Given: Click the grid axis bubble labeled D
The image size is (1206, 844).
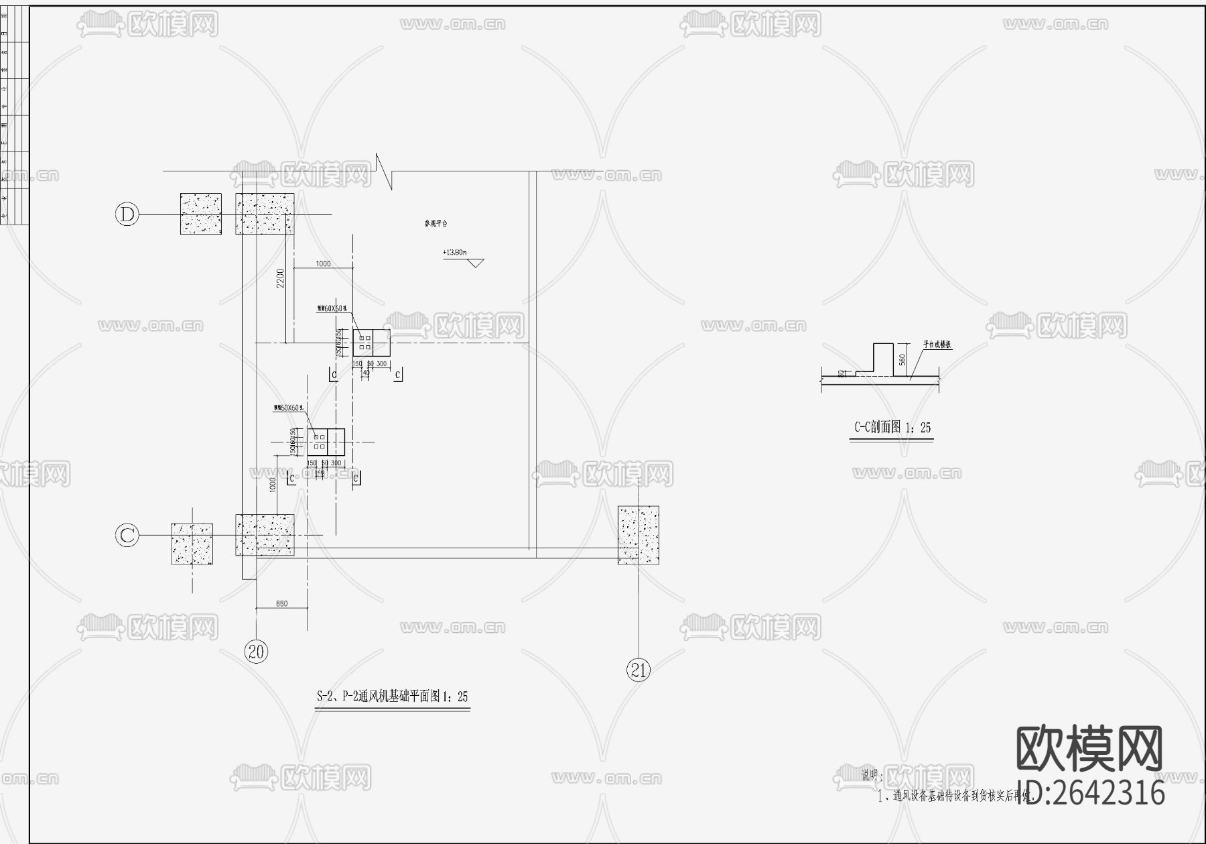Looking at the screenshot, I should pos(127,215).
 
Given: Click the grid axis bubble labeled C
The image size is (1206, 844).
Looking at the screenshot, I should pos(127,536).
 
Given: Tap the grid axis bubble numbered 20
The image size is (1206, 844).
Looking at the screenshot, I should pos(257,651).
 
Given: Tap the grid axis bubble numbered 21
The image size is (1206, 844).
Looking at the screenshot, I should pos(638,669).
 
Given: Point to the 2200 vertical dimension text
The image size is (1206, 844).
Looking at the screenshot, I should pos(281,278).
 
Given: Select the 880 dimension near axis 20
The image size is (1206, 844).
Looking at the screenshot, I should pos(281,604).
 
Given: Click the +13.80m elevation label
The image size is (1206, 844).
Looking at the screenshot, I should pos(454,253).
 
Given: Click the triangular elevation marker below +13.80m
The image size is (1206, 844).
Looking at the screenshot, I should pos(475,263).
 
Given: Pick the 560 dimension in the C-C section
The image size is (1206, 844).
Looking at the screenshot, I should pos(902,360).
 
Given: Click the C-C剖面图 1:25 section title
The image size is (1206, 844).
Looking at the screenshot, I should pos(892,428).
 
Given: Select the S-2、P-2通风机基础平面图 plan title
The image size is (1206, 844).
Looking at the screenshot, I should pos(392,697).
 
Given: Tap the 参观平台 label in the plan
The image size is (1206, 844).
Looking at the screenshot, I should pos(436,223).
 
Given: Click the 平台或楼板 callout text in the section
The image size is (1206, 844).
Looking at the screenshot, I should pos(937,345).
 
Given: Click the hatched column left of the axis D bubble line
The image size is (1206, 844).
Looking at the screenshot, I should pos(200,214).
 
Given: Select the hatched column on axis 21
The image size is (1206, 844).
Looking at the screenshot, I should pos(638,535).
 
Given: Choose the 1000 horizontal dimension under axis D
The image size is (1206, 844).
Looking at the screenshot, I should pos(323,263).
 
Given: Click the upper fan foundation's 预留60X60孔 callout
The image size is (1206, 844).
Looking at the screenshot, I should pos(332,308).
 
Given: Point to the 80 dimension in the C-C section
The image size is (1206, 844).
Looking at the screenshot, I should pos(840,373).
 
